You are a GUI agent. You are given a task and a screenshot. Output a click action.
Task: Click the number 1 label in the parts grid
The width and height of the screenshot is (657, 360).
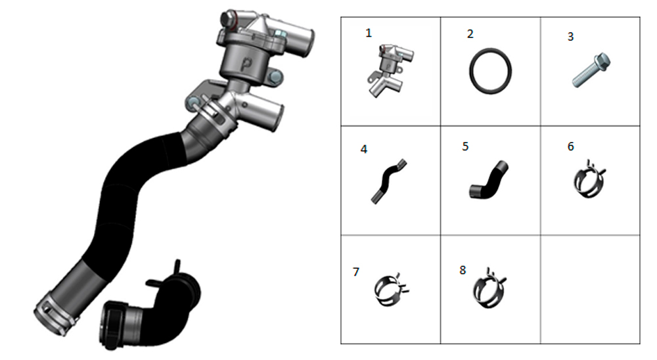(369, 33)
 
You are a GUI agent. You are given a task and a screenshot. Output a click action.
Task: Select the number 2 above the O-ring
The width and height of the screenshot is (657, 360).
(470, 34)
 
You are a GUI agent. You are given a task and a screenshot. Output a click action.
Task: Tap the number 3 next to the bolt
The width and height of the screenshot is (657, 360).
(570, 37)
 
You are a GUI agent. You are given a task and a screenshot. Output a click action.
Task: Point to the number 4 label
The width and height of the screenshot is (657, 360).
(364, 149)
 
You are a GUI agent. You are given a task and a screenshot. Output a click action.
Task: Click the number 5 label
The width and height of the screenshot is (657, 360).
(465, 146)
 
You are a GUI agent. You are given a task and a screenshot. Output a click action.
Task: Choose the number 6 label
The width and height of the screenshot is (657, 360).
(571, 146)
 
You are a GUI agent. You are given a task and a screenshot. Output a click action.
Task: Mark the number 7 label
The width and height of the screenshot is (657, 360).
(356, 272)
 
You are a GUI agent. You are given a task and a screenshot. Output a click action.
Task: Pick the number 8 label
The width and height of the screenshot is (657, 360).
(463, 270)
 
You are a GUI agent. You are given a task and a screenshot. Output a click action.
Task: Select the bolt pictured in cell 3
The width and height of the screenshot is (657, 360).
(591, 70)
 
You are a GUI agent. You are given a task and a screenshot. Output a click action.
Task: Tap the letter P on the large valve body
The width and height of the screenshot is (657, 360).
(247, 64)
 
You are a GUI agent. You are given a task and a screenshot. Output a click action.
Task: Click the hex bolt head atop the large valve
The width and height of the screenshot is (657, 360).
(227, 19)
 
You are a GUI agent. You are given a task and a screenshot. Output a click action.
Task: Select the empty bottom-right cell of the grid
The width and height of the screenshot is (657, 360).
(590, 289)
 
